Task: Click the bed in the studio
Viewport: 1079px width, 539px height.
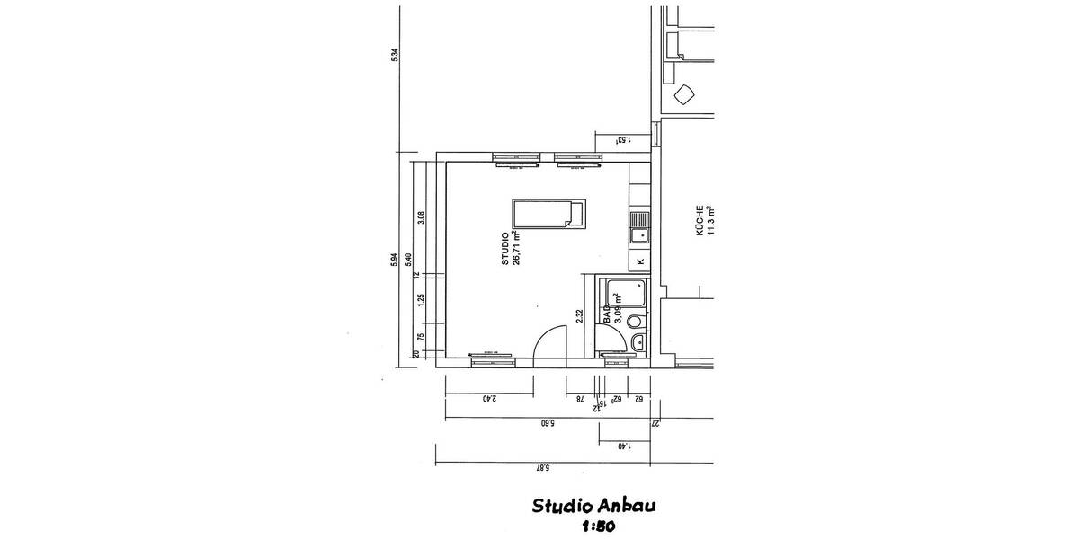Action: (x=548, y=214)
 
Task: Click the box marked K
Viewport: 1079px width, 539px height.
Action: (x=639, y=261)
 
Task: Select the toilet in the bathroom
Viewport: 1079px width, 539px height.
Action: (x=636, y=321)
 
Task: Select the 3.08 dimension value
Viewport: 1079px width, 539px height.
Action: (x=421, y=218)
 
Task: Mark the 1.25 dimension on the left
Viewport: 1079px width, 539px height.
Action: (x=421, y=300)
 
